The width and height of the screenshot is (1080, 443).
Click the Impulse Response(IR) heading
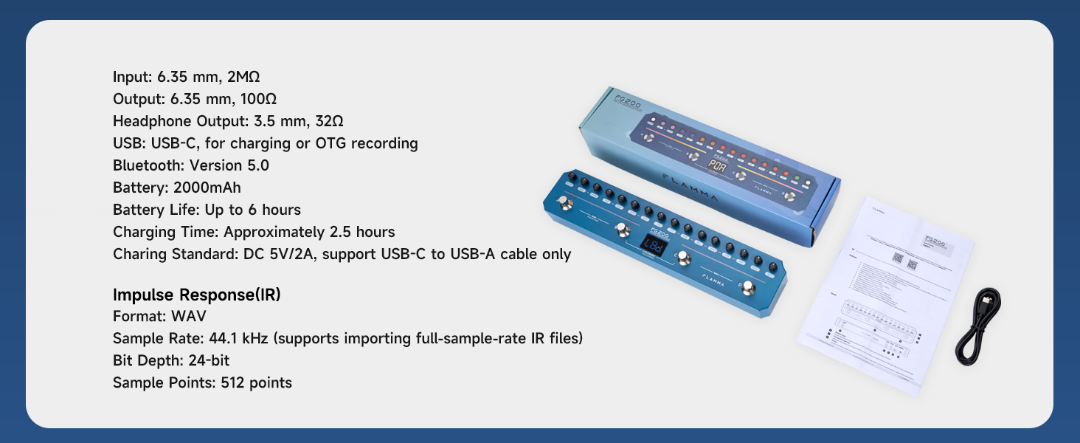196,295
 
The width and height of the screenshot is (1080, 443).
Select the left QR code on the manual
898,258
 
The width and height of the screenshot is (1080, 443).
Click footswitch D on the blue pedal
748,287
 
